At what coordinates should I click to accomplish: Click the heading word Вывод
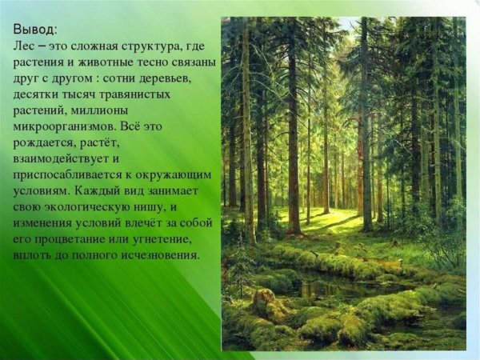point(34,30)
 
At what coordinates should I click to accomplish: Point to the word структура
point(159,46)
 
